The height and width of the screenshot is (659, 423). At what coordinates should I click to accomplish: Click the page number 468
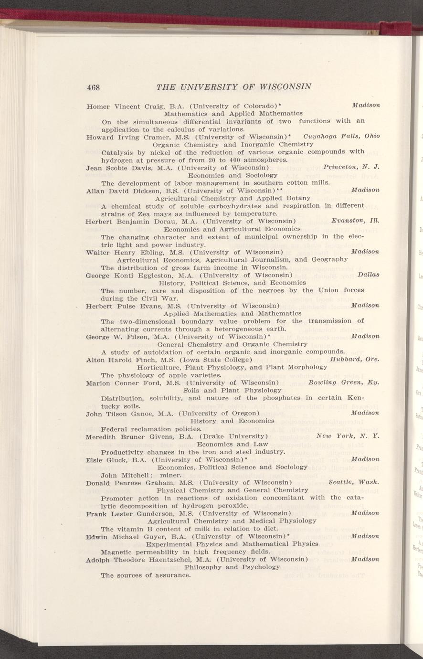(x=93, y=87)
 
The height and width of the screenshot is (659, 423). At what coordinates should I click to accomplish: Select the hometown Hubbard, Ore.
(x=355, y=359)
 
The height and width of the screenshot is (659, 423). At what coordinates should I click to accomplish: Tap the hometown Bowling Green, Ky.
(x=344, y=383)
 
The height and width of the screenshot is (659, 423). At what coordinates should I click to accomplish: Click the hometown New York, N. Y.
(x=348, y=436)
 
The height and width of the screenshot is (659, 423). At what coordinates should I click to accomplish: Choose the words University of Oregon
(x=219, y=413)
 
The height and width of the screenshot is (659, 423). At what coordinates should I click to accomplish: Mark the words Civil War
(x=161, y=298)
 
